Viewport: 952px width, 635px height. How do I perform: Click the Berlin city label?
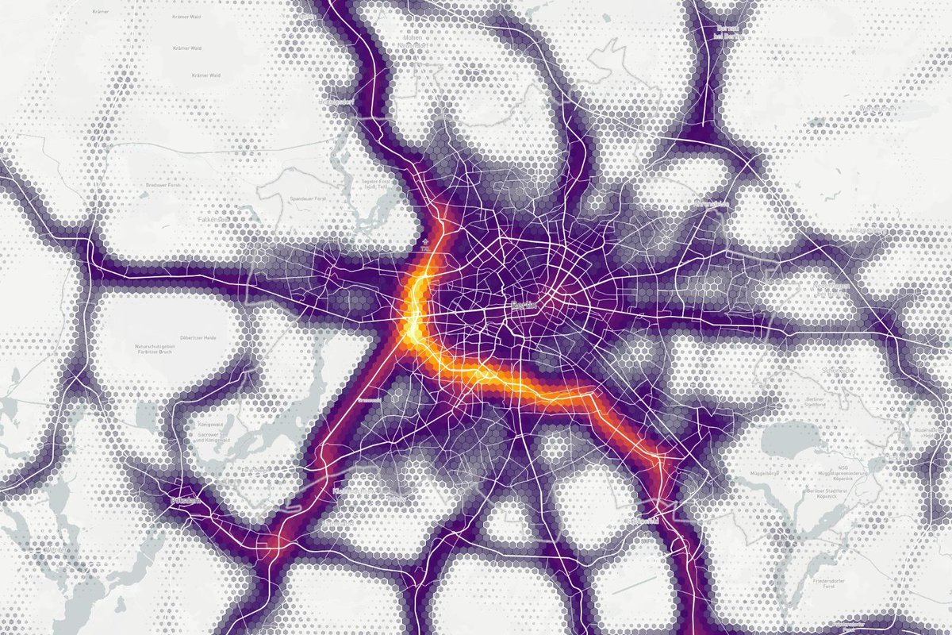523,304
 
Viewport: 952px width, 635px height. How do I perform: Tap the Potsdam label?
184,502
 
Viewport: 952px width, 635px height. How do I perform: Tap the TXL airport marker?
425,241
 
